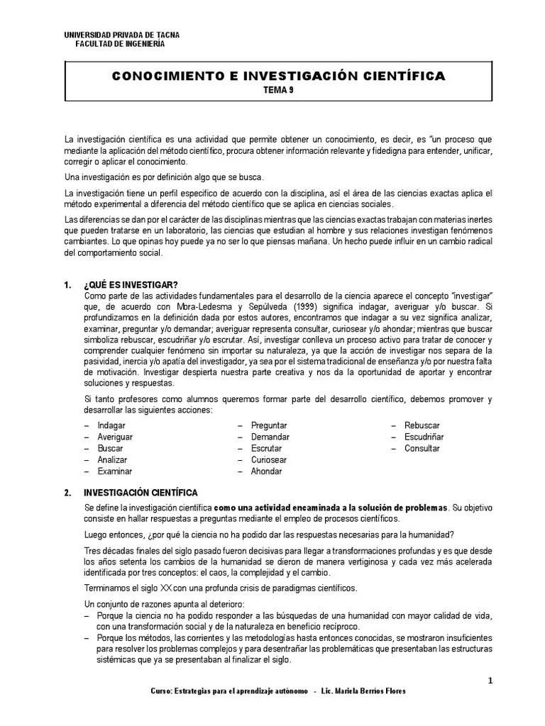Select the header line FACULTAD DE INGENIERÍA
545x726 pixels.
(120, 44)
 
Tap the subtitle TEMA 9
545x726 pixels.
(278, 89)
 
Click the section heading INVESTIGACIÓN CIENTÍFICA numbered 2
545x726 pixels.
(141, 492)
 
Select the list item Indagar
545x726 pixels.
(111, 425)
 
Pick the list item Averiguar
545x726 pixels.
(115, 437)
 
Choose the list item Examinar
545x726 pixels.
(114, 471)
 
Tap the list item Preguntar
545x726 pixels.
(269, 425)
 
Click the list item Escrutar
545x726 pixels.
(266, 448)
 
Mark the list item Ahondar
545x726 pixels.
(266, 471)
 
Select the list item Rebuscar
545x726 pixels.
(422, 425)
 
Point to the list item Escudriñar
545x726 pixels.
(424, 437)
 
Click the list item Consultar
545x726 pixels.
(422, 448)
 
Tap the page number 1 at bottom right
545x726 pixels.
(490, 681)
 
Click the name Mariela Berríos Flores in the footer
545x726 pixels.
(373, 691)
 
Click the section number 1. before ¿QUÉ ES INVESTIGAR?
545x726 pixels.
(67, 285)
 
